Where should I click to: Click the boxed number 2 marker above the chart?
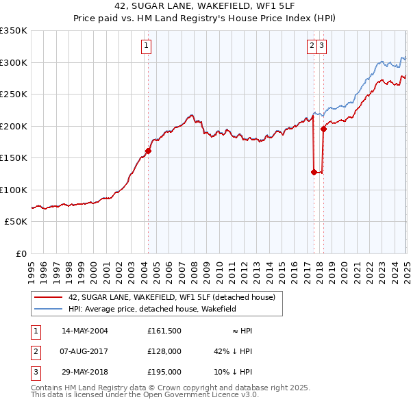pyautogui.click(x=312, y=46)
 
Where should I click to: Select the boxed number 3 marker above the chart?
pyautogui.click(x=321, y=46)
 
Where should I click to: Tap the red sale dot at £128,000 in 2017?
pyautogui.click(x=314, y=172)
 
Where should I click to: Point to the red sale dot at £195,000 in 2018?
pyautogui.click(x=323, y=129)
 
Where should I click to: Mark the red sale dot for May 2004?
pyautogui.click(x=148, y=151)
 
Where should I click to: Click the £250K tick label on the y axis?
pyautogui.click(x=14, y=94)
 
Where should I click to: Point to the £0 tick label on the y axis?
pyautogui.click(x=21, y=253)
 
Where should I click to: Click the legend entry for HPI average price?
pyautogui.click(x=151, y=309)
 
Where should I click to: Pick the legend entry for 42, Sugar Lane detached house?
pyautogui.click(x=171, y=297)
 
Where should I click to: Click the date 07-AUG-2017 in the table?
pyautogui.click(x=85, y=352)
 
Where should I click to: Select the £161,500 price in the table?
pyautogui.click(x=164, y=331)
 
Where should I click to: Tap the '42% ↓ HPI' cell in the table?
pyautogui.click(x=233, y=352)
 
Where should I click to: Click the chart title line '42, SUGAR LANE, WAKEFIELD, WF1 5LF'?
pyautogui.click(x=205, y=8)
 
